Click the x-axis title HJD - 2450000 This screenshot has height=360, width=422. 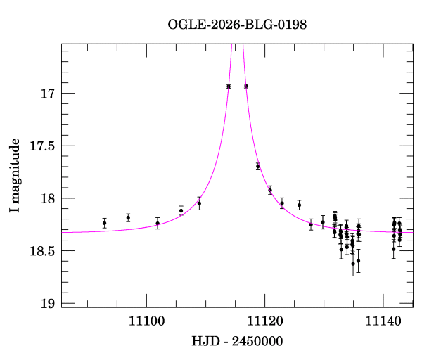pyautogui.click(x=237, y=342)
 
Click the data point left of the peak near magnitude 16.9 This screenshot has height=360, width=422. pyautogui.click(x=229, y=86)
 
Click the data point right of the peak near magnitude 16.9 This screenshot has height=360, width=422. pyautogui.click(x=245, y=86)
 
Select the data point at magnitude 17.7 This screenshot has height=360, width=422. pyautogui.click(x=258, y=166)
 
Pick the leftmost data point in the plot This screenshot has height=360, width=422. pyautogui.click(x=104, y=223)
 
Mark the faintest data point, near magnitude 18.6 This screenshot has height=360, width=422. pyautogui.click(x=353, y=263)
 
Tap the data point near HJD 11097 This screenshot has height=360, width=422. pyautogui.click(x=128, y=217)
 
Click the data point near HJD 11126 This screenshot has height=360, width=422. pyautogui.click(x=299, y=205)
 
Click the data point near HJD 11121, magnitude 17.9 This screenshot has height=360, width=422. pyautogui.click(x=270, y=190)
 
